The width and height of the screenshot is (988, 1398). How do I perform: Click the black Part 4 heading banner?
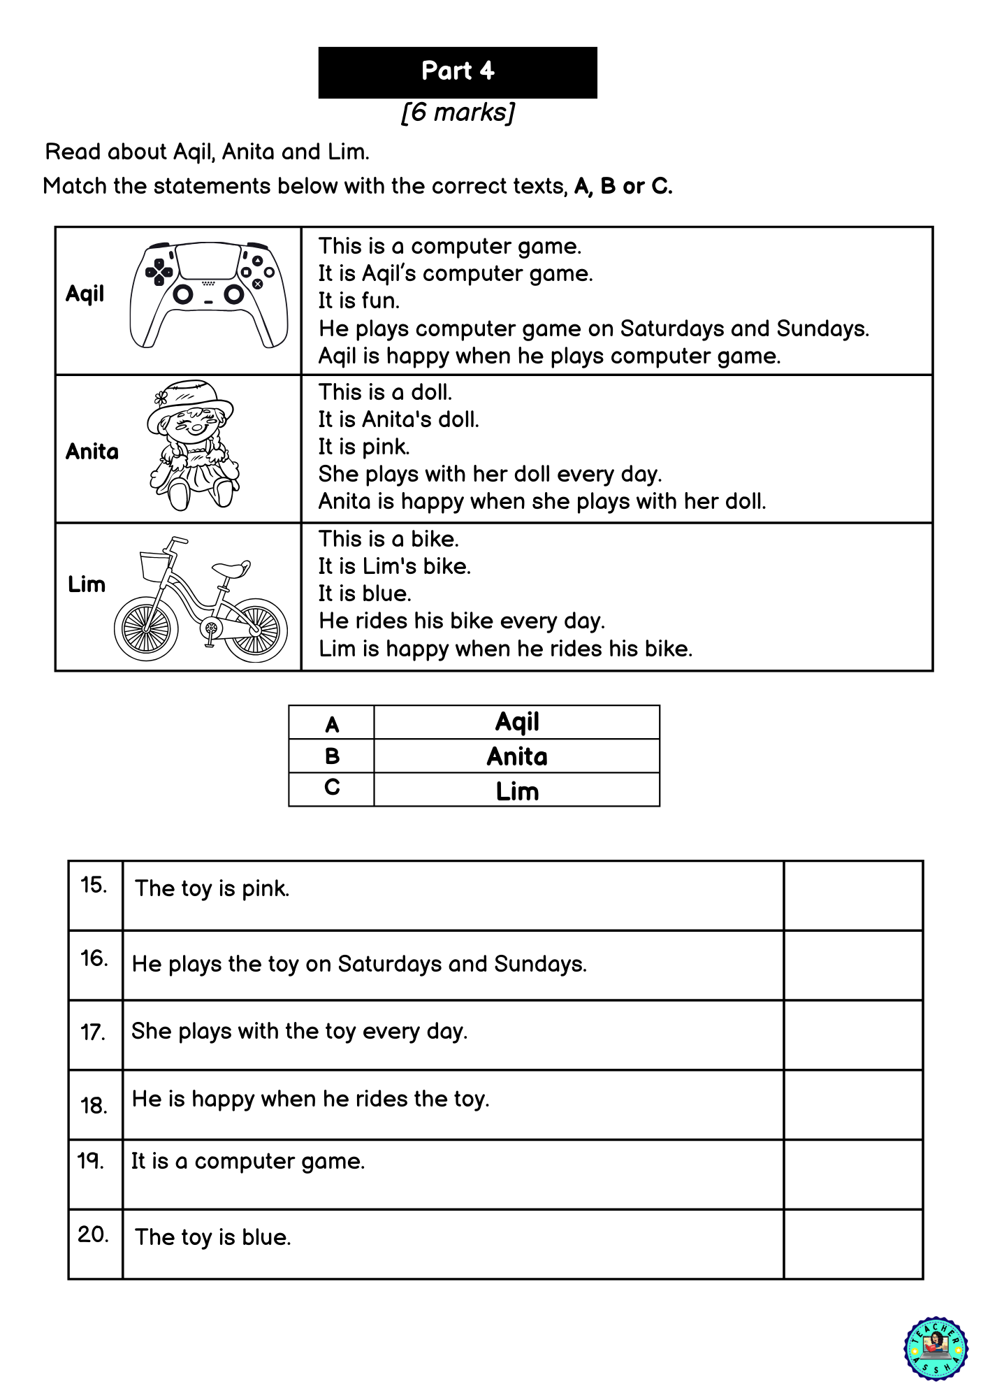tap(458, 72)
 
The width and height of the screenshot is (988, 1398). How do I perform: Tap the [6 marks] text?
tap(458, 113)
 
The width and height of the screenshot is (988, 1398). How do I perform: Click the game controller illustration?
tap(209, 294)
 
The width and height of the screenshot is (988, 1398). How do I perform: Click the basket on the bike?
tap(155, 565)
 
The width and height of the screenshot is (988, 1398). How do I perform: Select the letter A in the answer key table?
tap(332, 724)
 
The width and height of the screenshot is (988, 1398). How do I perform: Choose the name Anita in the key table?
tap(517, 757)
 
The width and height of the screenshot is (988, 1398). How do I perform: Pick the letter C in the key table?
tap(332, 788)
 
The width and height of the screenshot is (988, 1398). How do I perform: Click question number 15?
tap(94, 885)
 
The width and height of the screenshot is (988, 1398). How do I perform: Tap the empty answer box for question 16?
tap(853, 965)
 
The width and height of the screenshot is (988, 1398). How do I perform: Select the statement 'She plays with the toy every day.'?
tap(300, 1031)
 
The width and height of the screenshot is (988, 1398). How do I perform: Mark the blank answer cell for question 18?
tap(853, 1104)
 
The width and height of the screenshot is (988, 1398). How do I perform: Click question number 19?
tap(91, 1161)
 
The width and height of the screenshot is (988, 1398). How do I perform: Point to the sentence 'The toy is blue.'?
tap(213, 1237)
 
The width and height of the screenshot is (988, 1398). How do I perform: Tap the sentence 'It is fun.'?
tap(359, 301)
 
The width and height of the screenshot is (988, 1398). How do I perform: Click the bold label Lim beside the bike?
tap(87, 584)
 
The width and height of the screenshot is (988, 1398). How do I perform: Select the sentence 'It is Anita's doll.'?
tap(399, 419)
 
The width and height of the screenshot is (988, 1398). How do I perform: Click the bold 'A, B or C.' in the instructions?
tap(623, 187)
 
